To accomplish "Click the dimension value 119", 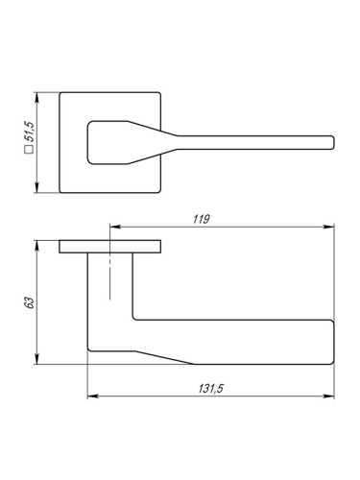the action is click(202, 219).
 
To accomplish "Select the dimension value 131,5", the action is click(211, 389).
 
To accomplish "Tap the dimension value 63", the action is click(30, 302).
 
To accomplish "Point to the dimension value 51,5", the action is click(30, 132).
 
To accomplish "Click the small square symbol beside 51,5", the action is click(29, 150).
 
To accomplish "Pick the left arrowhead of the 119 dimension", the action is click(115, 227).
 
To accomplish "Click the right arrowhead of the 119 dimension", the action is click(328, 227).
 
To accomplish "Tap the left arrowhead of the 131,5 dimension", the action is click(92, 396).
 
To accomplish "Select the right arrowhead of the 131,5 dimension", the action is click(328, 396).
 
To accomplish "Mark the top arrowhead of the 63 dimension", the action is click(37, 246).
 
